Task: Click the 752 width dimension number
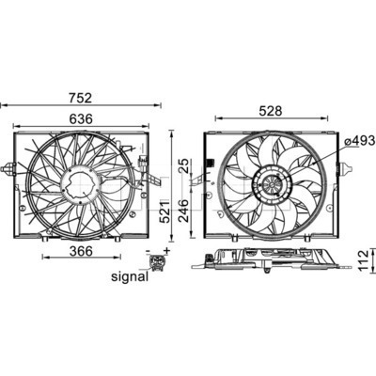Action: coord(81,98)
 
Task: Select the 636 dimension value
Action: coord(81,118)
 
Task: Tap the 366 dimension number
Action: coord(81,251)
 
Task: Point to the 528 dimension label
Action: coord(271,111)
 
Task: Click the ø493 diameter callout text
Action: coord(360,141)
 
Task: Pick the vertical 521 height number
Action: coord(164,211)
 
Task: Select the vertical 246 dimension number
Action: coord(183,211)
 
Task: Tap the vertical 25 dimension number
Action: coord(184,166)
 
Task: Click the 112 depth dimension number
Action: coord(363,260)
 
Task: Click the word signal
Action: coord(130,276)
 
